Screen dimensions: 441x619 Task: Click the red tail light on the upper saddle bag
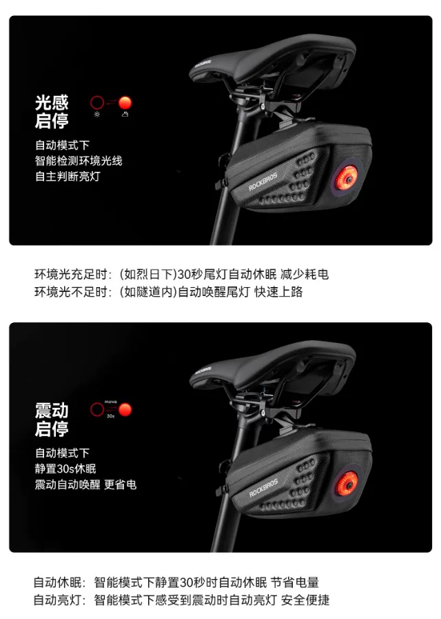coord(347,179)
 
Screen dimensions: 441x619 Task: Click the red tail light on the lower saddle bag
coord(347,484)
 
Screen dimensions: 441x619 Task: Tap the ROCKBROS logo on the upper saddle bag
coord(263,181)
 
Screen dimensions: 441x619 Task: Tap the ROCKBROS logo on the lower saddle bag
coord(263,488)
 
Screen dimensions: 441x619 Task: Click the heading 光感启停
coord(52,112)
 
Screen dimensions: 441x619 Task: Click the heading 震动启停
coord(52,420)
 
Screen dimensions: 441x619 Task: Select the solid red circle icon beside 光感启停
coord(125,103)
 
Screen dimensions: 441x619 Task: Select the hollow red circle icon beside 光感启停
coord(97,103)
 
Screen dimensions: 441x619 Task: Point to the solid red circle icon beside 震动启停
coord(125,410)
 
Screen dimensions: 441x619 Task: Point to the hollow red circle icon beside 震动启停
coord(97,410)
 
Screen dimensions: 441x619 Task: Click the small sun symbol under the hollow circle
coord(97,115)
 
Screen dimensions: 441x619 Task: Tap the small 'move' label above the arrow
coord(111,402)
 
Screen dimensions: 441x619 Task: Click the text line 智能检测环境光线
coord(79,161)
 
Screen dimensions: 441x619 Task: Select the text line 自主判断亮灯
coord(68,176)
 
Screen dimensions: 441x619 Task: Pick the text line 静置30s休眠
coord(65,469)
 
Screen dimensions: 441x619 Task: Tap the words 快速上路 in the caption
coord(278,292)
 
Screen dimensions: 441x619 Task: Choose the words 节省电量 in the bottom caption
coord(295,582)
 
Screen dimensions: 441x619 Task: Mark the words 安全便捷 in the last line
coord(305,600)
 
